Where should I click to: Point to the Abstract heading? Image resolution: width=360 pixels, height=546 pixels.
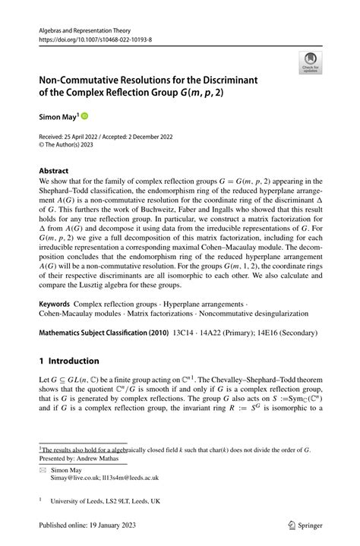(x=53, y=172)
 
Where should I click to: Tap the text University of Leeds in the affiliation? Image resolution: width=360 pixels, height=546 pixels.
(x=78, y=501)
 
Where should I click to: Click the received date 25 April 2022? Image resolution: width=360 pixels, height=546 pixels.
(x=88, y=137)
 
